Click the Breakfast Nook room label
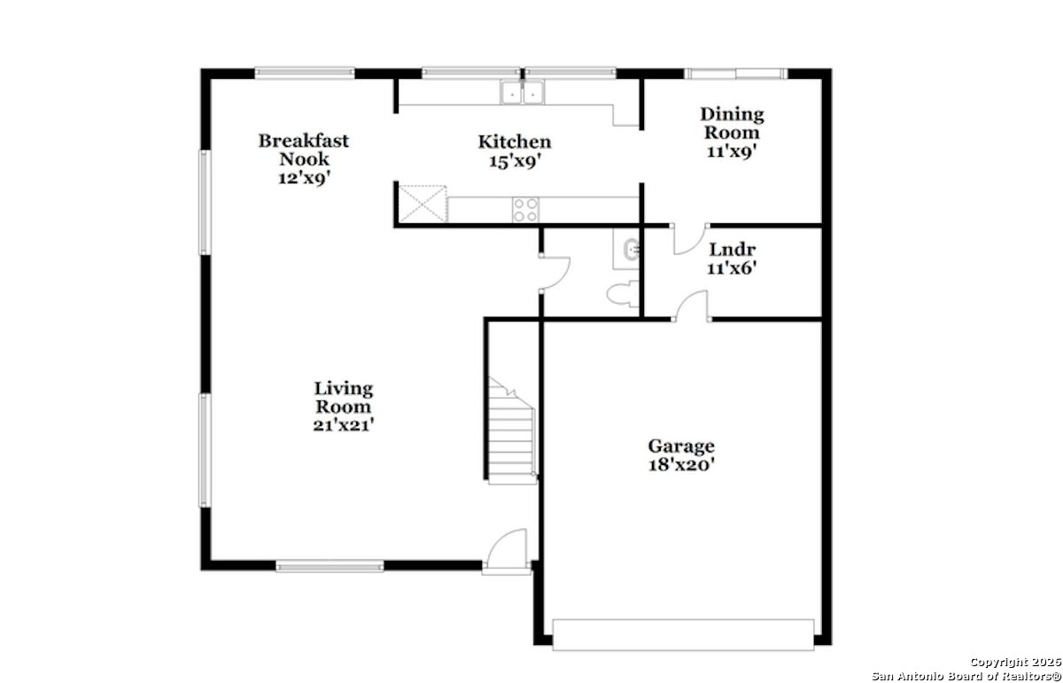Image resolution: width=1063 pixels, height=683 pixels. [x=304, y=150]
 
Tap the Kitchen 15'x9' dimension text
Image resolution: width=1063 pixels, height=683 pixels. [x=515, y=162]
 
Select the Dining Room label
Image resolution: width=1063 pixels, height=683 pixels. [x=732, y=123]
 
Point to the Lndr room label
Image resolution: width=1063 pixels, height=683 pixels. [x=733, y=250]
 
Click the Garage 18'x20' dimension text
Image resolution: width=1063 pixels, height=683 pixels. [x=681, y=465]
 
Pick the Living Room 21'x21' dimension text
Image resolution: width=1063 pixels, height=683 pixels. [x=344, y=425]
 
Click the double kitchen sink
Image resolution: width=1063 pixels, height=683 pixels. [x=523, y=92]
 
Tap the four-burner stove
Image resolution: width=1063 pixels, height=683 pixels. [x=526, y=210]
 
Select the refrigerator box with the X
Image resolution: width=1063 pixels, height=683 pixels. [x=423, y=204]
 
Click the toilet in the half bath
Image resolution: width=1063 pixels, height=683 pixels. [x=623, y=294]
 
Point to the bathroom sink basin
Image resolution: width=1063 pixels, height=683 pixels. [x=632, y=249]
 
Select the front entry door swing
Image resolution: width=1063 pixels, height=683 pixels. [x=507, y=548]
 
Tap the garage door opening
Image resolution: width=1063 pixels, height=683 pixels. [x=683, y=634]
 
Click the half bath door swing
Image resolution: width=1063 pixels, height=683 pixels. [x=555, y=273]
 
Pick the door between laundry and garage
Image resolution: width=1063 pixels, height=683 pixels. [x=693, y=307]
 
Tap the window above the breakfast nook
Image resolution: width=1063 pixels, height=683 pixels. [x=305, y=74]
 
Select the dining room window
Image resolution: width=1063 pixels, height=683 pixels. [x=735, y=74]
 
